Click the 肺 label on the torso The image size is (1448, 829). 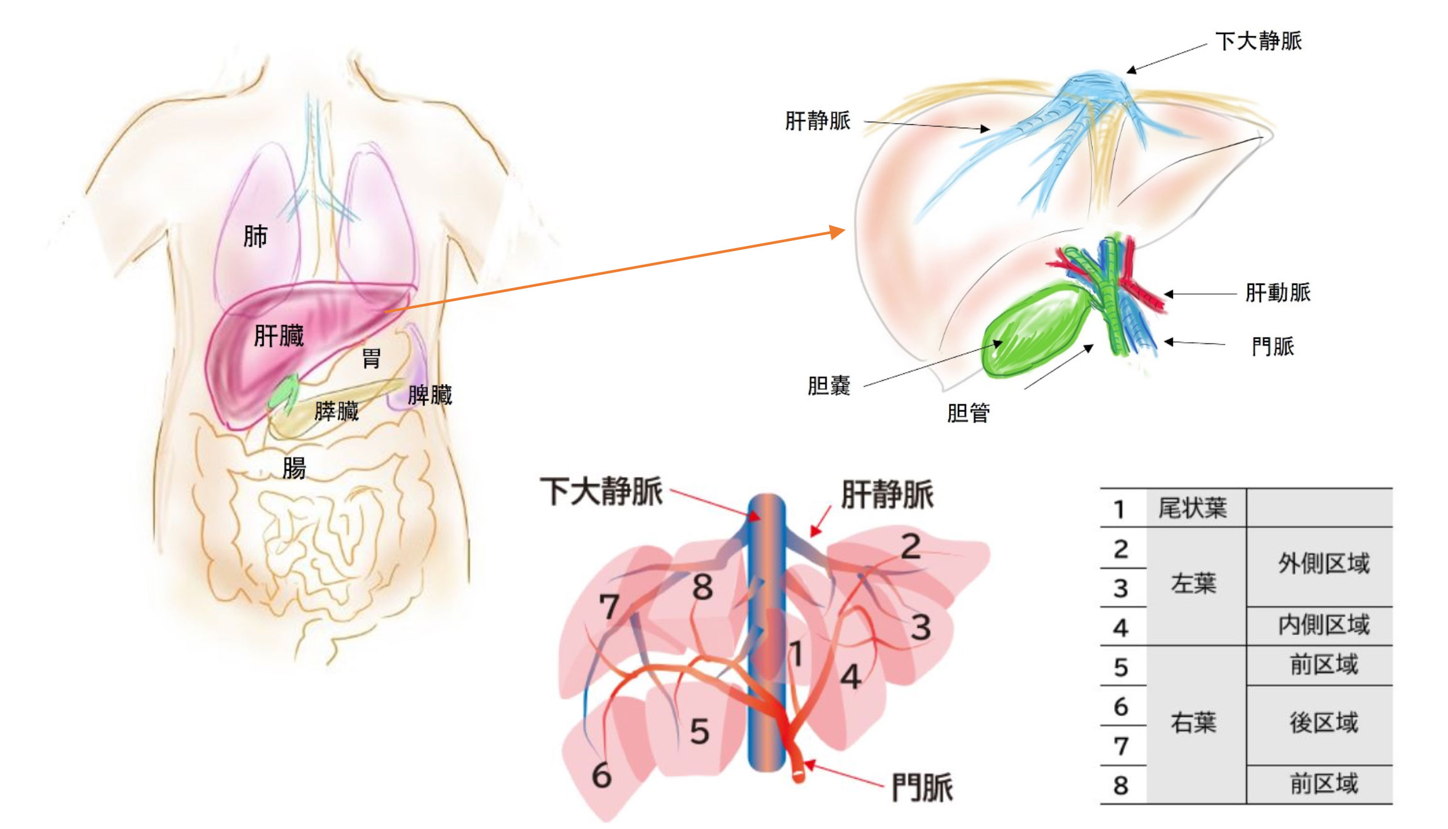point(255,237)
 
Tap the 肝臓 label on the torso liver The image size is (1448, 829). point(279,336)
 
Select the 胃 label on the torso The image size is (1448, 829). point(371,359)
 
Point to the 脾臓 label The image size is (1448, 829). point(430,395)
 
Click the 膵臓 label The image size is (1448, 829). point(336,412)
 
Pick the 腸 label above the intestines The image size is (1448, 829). point(294,468)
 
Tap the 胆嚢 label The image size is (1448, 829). point(829,385)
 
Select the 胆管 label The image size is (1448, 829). point(968,414)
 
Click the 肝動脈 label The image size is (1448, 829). point(1277,293)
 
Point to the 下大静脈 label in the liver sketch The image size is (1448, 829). point(1258,41)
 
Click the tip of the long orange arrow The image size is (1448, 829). point(843,231)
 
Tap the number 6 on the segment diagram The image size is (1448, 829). point(601,776)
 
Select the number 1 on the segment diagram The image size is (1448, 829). point(796,654)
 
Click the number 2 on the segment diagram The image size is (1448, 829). point(910,547)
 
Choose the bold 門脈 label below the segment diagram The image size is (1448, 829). point(922,788)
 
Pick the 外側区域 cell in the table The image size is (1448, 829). point(1324,564)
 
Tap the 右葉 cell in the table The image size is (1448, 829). point(1193,724)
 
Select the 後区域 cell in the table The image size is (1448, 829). point(1324,724)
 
